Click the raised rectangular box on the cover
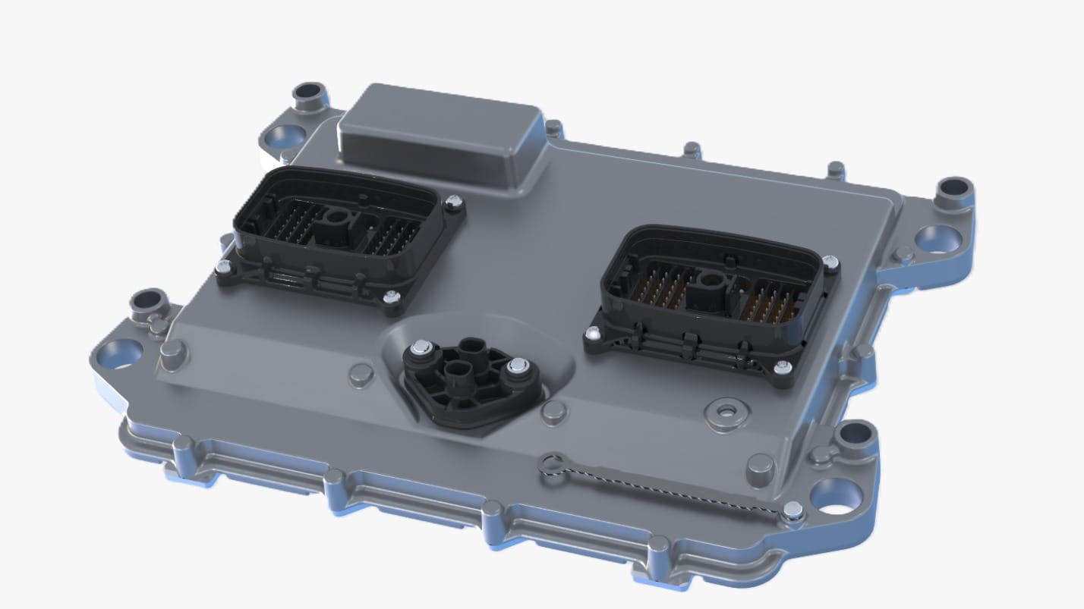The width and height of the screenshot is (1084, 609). pos(440,137)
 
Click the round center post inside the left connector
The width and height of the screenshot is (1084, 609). pos(334,220)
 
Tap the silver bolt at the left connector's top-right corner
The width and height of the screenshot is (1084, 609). pos(453,202)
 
